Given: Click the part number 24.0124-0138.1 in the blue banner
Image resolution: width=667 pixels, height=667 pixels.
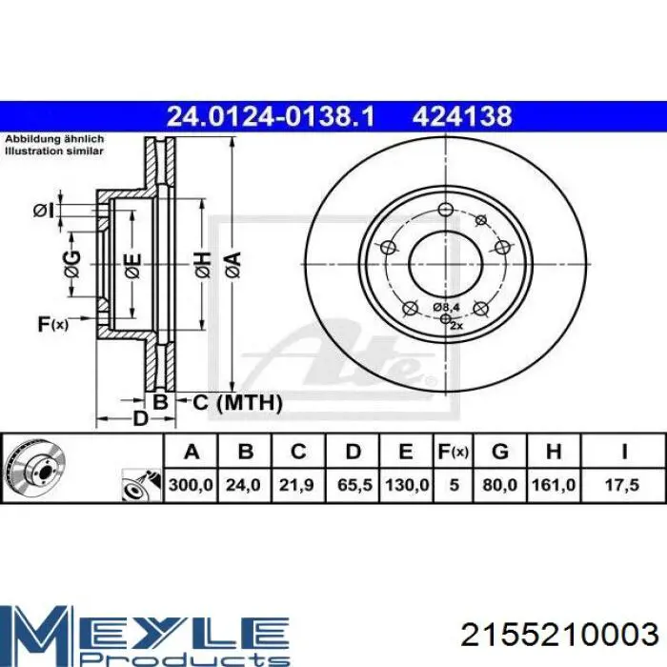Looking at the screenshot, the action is [x=271, y=116].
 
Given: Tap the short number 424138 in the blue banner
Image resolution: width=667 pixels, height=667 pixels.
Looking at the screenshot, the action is [x=462, y=116].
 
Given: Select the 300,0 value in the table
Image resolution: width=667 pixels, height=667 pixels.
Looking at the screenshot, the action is [x=191, y=485].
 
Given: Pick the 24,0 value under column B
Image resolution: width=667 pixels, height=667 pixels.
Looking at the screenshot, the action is [x=243, y=485].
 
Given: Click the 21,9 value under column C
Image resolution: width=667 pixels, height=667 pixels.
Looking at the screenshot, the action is [x=296, y=485].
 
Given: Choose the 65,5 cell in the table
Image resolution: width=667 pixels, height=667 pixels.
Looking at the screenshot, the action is [x=354, y=485].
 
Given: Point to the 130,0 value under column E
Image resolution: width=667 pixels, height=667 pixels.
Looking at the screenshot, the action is [x=407, y=485].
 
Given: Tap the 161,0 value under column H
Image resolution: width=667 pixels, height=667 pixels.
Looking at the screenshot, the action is [x=554, y=485].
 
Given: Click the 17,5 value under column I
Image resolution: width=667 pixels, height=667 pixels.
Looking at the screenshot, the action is [x=622, y=485].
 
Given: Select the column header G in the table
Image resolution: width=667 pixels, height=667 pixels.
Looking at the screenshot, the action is [x=500, y=452].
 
